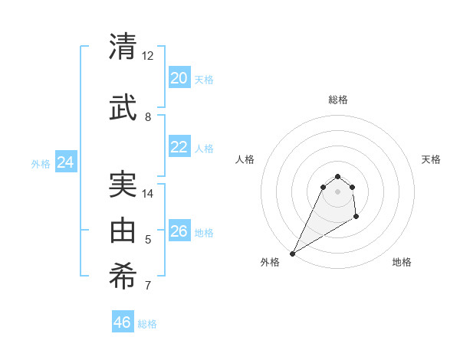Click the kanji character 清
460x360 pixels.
tap(123, 47)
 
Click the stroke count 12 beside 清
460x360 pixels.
tap(148, 56)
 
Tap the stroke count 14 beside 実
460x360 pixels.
tap(148, 193)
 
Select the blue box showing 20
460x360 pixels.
tap(179, 78)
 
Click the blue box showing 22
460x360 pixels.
tap(179, 147)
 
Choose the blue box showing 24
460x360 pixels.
tap(65, 162)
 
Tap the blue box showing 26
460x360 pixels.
tap(179, 231)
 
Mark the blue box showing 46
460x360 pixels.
tap(122, 322)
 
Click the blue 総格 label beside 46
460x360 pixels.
tap(148, 324)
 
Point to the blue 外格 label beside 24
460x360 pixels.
tap(41, 163)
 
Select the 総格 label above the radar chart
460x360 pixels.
tap(337, 100)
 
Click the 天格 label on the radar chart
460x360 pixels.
tap(431, 159)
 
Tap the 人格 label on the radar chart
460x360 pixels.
tap(245, 159)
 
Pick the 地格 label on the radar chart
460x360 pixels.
tap(402, 262)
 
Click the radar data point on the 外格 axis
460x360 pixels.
tap(292, 253)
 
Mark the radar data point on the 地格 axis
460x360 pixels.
tap(356, 217)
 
